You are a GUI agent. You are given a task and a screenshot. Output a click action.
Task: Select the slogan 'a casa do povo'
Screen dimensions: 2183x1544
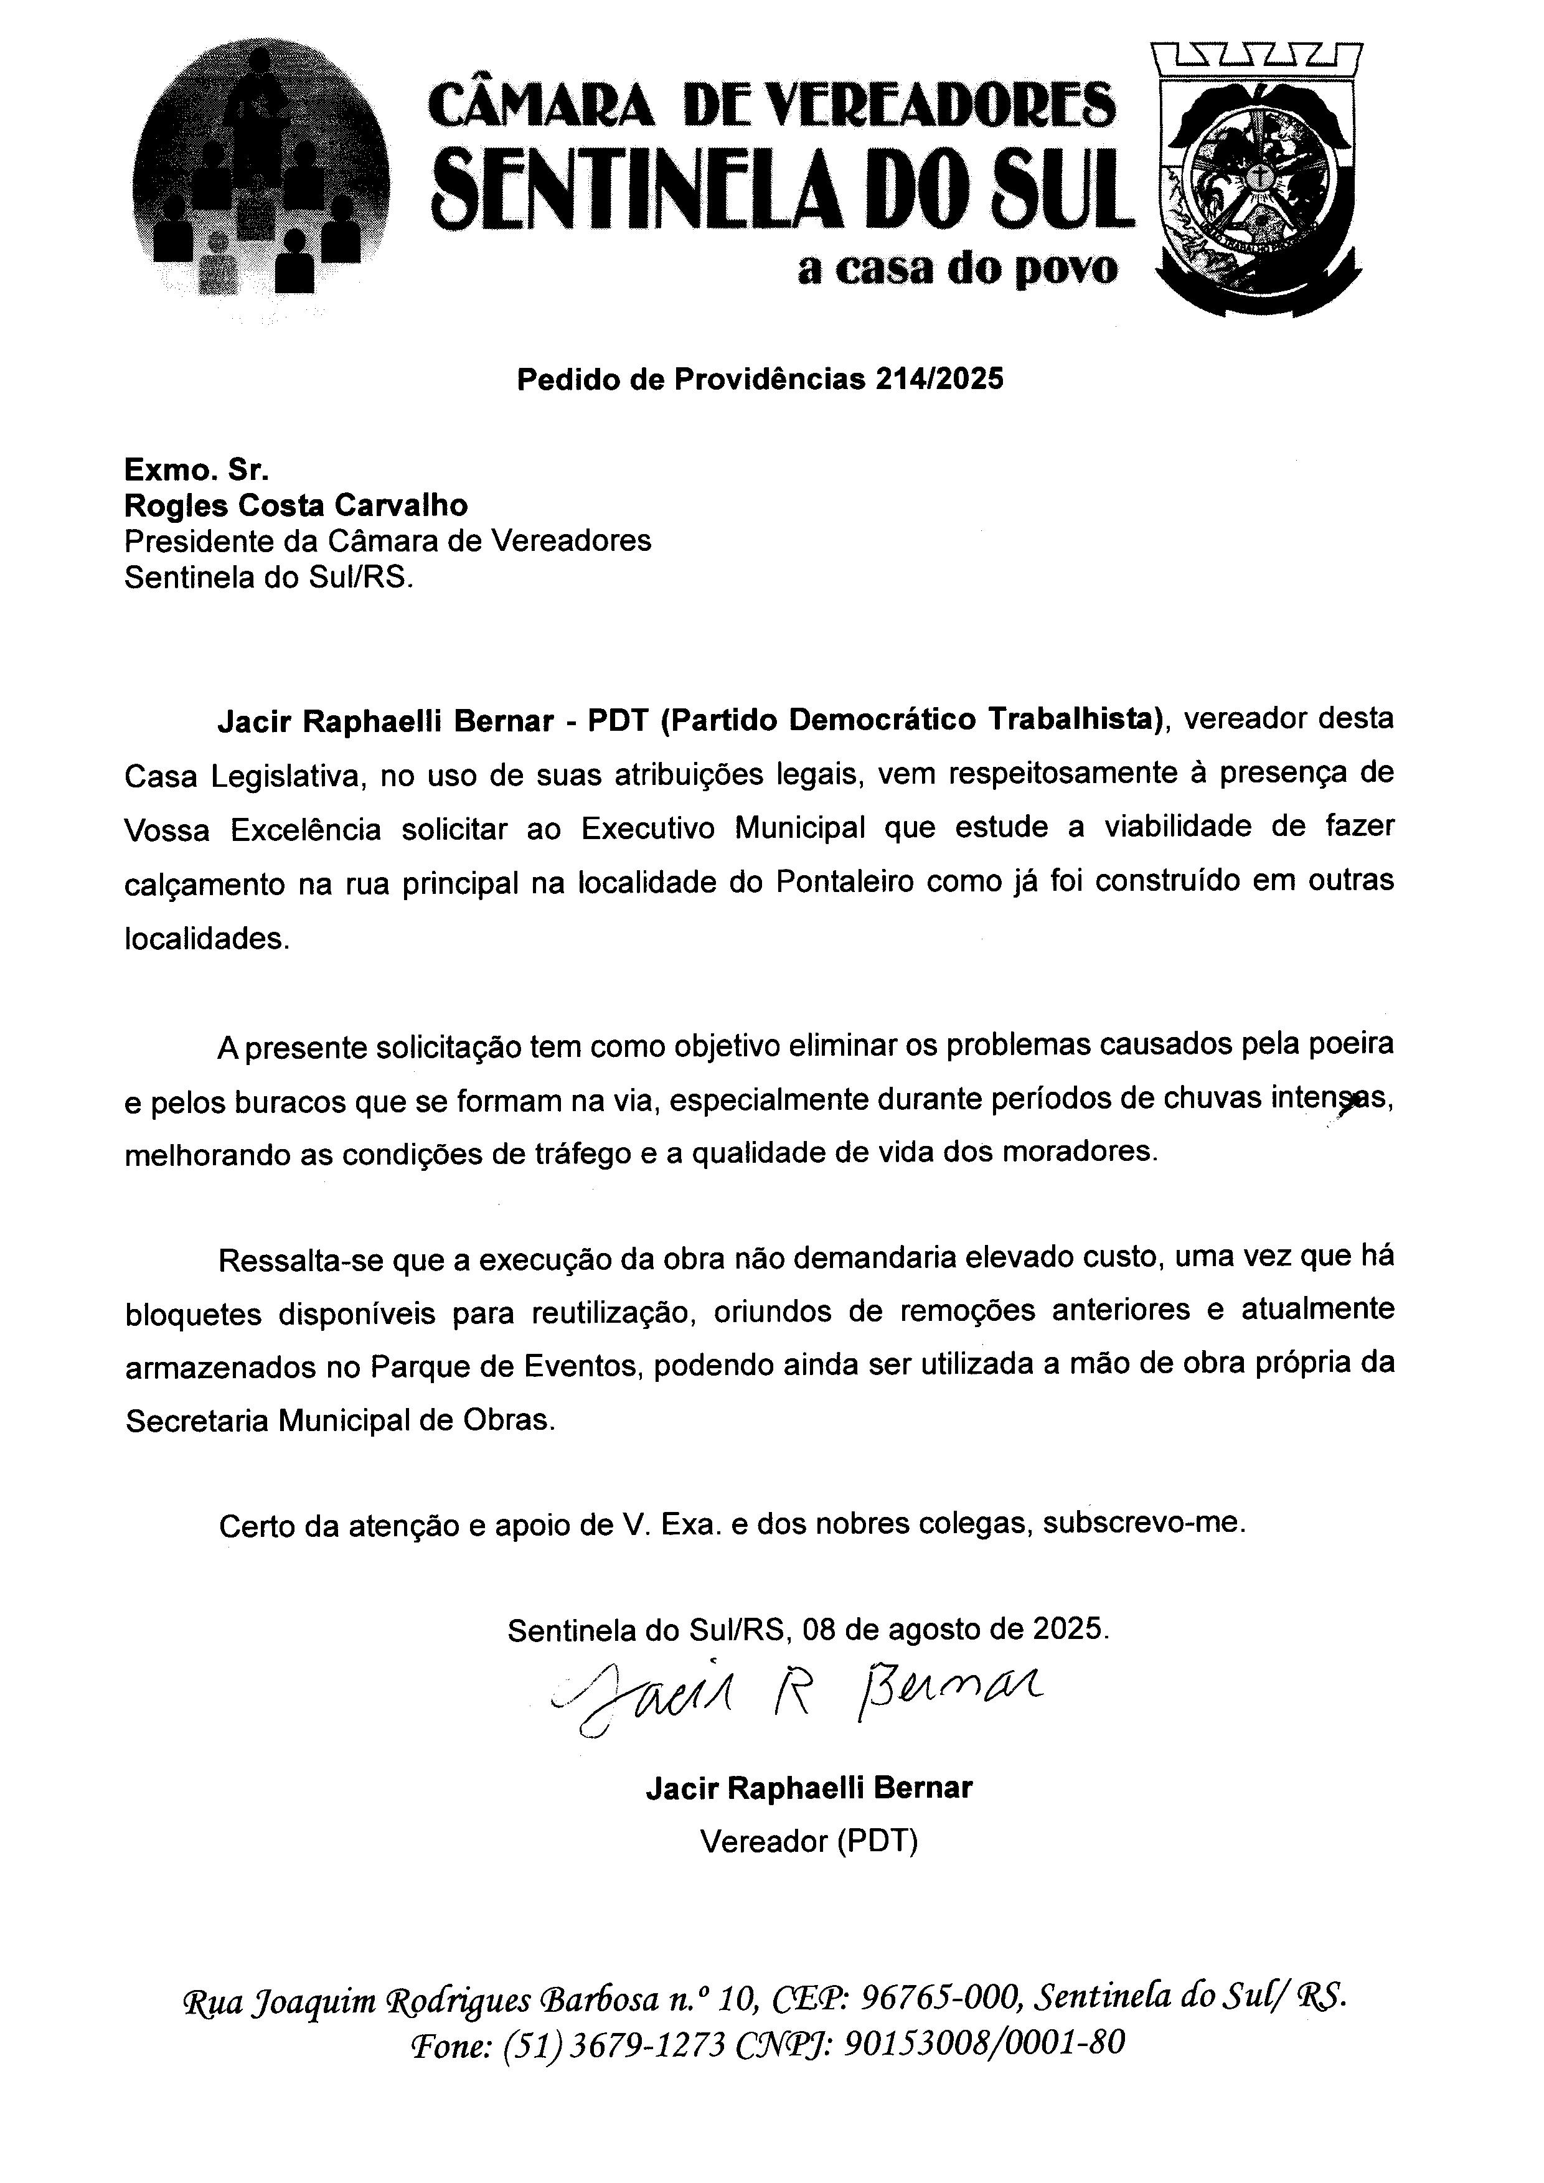point(958,271)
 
